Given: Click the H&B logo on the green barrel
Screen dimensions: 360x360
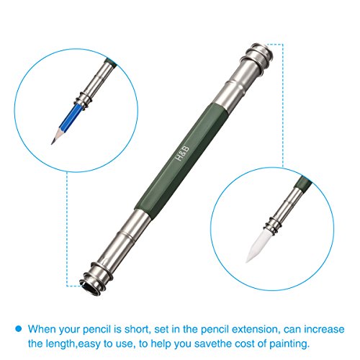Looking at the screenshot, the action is (x=183, y=153).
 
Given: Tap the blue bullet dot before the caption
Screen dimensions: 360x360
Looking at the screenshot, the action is (x=19, y=328).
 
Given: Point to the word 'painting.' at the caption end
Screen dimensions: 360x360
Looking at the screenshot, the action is (x=289, y=343).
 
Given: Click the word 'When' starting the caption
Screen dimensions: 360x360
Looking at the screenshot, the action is (x=42, y=329).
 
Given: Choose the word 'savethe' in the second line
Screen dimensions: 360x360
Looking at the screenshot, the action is (x=214, y=343).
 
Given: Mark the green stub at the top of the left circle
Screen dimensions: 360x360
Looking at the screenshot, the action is (x=110, y=61).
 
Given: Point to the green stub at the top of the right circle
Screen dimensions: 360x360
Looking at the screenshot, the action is (x=304, y=182).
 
